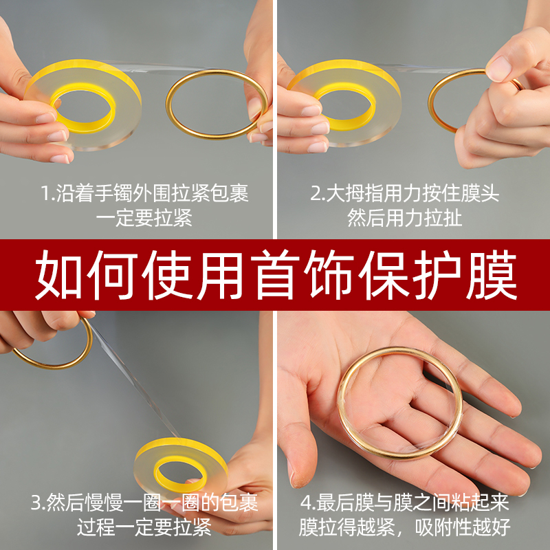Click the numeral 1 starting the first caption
[46, 194]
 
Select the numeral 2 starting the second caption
[316, 194]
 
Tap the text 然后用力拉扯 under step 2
[404, 219]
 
